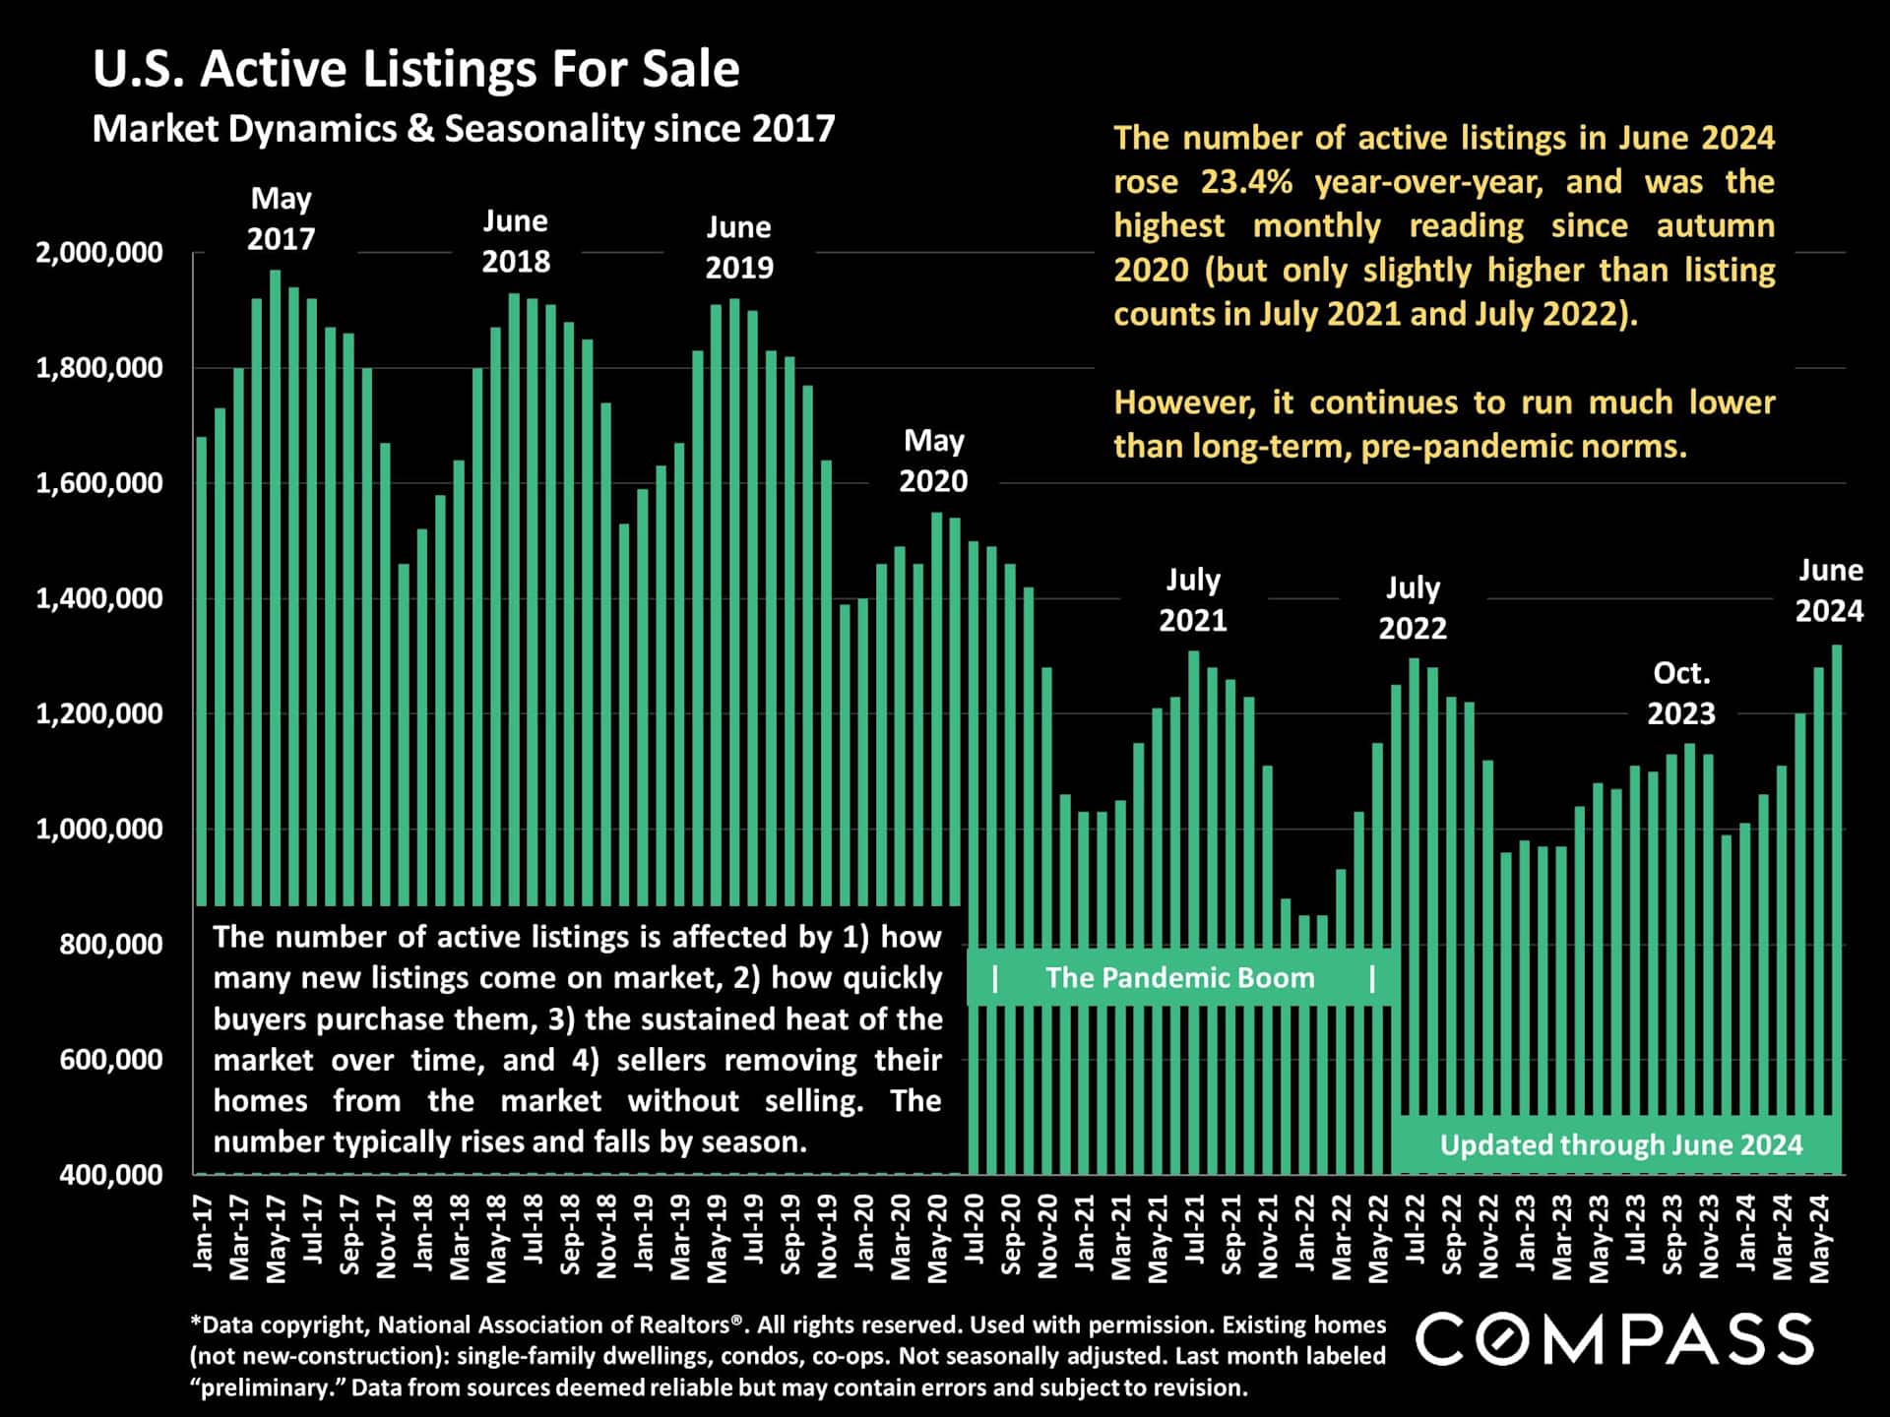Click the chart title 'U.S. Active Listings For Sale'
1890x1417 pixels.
click(415, 69)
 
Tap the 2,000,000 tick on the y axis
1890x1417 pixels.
click(99, 253)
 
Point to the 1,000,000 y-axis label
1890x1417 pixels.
click(99, 829)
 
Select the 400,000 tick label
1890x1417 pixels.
click(111, 1174)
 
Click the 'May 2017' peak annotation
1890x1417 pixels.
click(281, 218)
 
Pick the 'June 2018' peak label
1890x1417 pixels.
click(515, 241)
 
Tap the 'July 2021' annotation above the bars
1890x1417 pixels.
click(1192, 599)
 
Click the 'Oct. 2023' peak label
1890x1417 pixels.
click(1680, 693)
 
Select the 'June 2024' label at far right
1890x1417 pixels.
click(1829, 589)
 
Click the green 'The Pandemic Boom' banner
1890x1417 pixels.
click(1179, 977)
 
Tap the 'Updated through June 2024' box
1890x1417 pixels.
click(1620, 1144)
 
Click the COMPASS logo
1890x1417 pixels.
click(1614, 1339)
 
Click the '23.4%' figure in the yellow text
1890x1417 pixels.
click(1246, 182)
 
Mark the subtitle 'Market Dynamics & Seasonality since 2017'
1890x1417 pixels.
click(463, 129)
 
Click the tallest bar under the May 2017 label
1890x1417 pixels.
click(275, 590)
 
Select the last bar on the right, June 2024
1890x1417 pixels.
click(1836, 886)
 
